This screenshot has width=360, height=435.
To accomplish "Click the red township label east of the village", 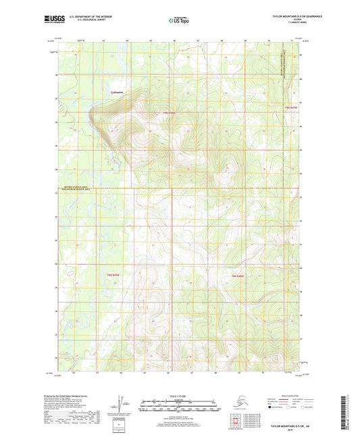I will [x=169, y=112].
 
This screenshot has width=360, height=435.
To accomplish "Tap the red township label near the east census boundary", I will [x=291, y=107].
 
